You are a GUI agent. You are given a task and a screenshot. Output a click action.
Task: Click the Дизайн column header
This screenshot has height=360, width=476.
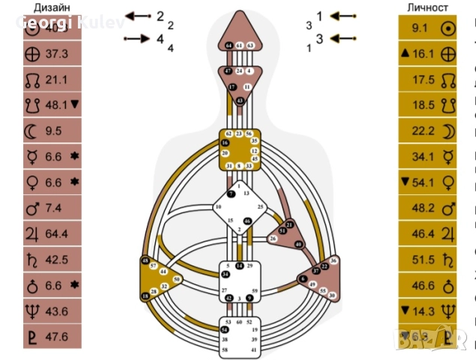[50, 7]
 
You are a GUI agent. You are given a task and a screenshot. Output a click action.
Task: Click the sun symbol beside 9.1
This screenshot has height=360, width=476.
[448, 28]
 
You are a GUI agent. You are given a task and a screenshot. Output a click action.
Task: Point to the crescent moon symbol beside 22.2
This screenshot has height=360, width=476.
[448, 131]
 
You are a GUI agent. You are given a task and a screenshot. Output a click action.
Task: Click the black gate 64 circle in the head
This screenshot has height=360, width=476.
[229, 46]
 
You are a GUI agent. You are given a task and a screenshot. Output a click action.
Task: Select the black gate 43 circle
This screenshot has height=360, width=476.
[240, 100]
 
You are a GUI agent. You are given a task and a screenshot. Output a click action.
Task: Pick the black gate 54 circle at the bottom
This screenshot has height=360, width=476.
[224, 330]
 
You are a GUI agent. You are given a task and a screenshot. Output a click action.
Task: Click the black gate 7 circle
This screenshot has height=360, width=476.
[231, 193]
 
